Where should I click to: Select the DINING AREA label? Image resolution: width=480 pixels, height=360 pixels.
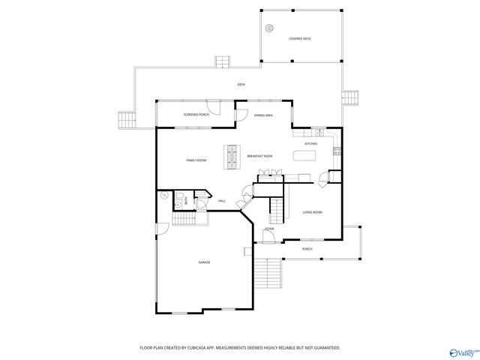[262, 115]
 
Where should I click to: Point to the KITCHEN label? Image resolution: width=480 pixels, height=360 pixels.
[310, 143]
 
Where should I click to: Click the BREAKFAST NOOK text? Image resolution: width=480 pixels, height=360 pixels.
[259, 155]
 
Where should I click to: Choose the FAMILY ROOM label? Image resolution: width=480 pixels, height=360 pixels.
[196, 160]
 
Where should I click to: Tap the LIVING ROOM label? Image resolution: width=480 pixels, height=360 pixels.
[313, 212]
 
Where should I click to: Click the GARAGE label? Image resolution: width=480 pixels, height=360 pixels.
[204, 262]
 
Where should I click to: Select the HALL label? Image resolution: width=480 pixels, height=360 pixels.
[222, 201]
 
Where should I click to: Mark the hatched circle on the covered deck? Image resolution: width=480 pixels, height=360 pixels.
[268, 28]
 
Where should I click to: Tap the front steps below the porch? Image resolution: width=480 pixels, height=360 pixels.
[265, 274]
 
